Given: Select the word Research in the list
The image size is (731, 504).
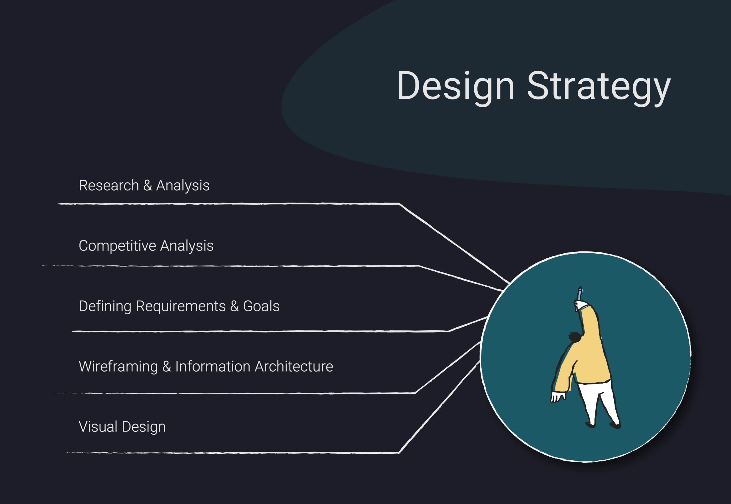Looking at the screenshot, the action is tap(109, 186).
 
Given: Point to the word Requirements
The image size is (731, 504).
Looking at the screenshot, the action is tap(181, 306).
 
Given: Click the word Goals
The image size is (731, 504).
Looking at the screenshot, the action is tap(261, 306).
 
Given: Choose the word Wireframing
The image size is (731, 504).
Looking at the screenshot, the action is tap(118, 367).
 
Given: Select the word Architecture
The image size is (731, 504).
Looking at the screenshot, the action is tap(294, 367).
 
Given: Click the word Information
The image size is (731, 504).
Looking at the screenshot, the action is tap(213, 367).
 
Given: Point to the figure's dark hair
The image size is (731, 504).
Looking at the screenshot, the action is tap(575, 337).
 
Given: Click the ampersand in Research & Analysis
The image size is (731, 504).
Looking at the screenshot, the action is tap(148, 186).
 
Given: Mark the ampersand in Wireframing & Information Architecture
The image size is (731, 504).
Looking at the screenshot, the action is tap(166, 367).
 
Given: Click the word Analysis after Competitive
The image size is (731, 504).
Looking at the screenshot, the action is tap(187, 246).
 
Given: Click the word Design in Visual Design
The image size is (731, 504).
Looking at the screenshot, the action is tap(144, 427).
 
